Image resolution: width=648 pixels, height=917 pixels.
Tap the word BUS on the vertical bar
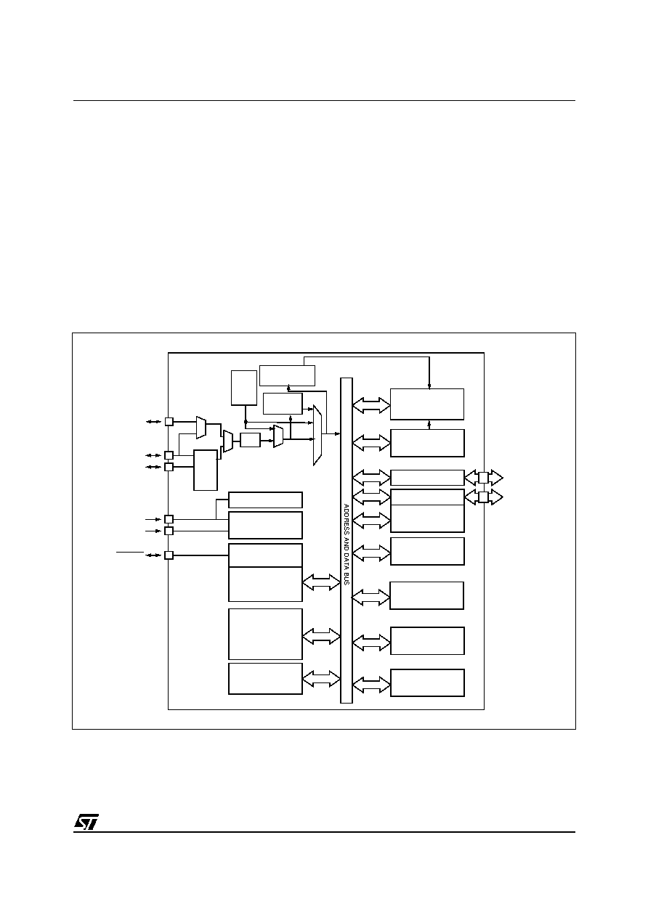click(346, 578)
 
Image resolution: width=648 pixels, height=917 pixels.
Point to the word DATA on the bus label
click(346, 560)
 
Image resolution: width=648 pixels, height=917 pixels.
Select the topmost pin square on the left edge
click(169, 421)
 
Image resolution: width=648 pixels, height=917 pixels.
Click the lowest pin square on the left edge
click(169, 555)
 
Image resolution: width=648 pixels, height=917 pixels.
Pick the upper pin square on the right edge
click(483, 477)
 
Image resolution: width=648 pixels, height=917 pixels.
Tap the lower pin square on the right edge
click(483, 497)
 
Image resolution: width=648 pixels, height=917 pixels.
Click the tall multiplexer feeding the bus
click(317, 435)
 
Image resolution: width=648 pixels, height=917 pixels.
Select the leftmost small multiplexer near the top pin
click(201, 428)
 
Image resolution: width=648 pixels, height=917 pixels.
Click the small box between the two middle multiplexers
click(251, 440)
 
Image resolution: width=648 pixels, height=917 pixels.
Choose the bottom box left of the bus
click(265, 679)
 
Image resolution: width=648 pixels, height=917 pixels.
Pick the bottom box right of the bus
click(427, 682)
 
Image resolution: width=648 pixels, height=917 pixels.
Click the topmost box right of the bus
click(427, 404)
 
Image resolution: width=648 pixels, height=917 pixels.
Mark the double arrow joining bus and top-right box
click(371, 405)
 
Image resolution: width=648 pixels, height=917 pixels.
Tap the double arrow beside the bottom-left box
click(321, 679)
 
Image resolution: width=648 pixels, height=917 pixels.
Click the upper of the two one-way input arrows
click(153, 519)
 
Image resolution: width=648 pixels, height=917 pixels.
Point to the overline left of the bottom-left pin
click(130, 553)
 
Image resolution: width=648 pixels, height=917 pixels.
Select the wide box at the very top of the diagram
click(287, 375)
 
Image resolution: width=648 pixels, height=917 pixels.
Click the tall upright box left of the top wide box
click(243, 388)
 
